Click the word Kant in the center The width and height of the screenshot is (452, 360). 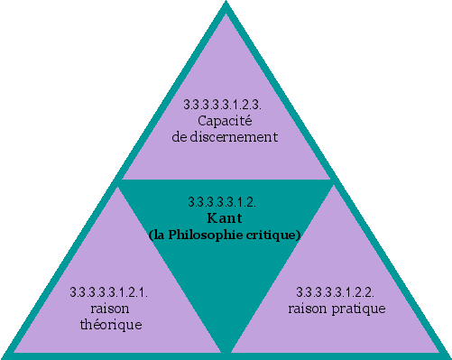pyautogui.click(x=226, y=218)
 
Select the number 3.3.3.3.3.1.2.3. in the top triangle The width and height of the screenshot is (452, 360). pyautogui.click(x=224, y=106)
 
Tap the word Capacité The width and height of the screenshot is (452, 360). pyautogui.click(x=224, y=121)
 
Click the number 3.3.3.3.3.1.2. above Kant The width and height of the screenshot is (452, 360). pyautogui.click(x=225, y=201)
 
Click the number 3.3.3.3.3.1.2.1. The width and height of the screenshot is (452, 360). pyautogui.click(x=110, y=292)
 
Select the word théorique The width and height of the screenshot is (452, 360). pyautogui.click(x=110, y=323)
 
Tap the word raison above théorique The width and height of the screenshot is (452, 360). pyautogui.click(x=110, y=308)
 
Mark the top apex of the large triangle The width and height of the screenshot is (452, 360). pyautogui.click(x=226, y=5)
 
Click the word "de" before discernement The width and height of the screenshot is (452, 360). pyautogui.click(x=180, y=136)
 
